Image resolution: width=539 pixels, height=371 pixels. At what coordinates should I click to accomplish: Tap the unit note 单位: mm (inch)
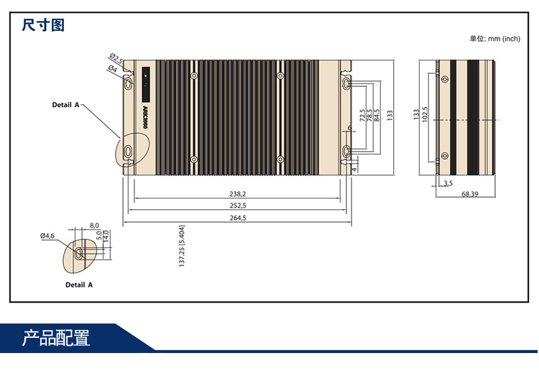pyautogui.click(x=494, y=39)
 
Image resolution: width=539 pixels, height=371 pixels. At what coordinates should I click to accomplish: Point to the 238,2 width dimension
pyautogui.click(x=238, y=194)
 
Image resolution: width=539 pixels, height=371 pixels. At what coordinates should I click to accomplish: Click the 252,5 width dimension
pyautogui.click(x=238, y=206)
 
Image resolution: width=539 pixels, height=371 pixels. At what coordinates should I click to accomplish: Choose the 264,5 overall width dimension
pyautogui.click(x=238, y=218)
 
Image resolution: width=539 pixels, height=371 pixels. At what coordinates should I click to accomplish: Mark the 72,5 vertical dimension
pyautogui.click(x=362, y=115)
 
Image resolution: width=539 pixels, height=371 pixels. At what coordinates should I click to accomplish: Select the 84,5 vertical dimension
pyautogui.click(x=377, y=115)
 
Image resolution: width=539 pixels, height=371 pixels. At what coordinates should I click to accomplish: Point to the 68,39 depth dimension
pyautogui.click(x=470, y=194)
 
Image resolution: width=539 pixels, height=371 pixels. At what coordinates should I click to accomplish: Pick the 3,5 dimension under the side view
pyautogui.click(x=448, y=183)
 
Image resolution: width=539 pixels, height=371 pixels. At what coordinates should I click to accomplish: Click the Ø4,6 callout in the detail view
pyautogui.click(x=47, y=235)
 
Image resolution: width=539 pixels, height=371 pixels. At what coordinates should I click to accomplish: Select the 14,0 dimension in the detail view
pyautogui.click(x=106, y=236)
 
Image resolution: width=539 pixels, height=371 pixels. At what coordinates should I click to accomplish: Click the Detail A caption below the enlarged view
pyautogui.click(x=79, y=285)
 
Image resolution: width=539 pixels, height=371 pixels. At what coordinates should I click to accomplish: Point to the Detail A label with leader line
pyautogui.click(x=65, y=104)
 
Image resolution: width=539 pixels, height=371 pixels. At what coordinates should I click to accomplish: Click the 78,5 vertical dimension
pyautogui.click(x=369, y=115)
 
